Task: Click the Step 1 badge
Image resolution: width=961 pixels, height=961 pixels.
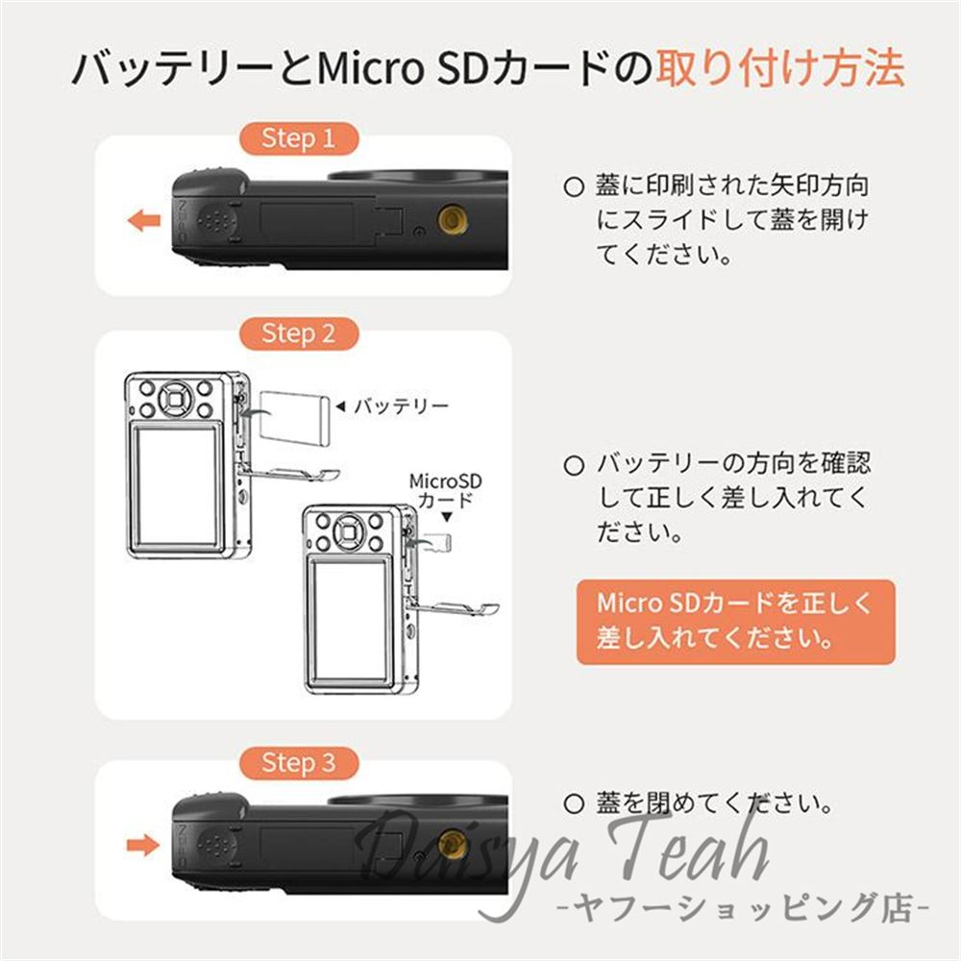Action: click(x=299, y=138)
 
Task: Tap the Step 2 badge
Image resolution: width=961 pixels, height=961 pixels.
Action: click(x=299, y=334)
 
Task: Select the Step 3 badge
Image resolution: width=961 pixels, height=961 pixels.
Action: click(x=299, y=763)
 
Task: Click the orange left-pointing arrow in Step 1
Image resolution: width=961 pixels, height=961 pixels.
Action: click(x=144, y=220)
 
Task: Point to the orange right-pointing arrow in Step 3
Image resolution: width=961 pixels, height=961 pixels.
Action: click(x=143, y=845)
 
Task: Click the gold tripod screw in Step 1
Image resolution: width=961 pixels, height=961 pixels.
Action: click(x=454, y=219)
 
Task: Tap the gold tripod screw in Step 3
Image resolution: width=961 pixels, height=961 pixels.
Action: click(x=454, y=844)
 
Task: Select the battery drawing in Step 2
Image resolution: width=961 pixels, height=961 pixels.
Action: click(x=295, y=418)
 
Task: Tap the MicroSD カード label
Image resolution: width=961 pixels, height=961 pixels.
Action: click(x=446, y=490)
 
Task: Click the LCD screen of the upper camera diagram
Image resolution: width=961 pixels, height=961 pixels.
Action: click(x=176, y=485)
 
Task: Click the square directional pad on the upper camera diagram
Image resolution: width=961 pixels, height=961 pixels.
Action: click(x=176, y=399)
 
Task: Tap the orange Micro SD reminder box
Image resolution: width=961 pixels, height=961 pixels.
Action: click(x=735, y=622)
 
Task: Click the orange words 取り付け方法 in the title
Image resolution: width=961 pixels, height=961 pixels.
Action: click(x=780, y=67)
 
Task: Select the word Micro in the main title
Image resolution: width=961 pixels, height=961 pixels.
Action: click(x=370, y=67)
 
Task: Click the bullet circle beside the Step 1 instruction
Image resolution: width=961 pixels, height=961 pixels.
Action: click(x=573, y=187)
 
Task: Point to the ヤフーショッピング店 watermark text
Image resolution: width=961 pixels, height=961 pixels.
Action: click(x=744, y=908)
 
